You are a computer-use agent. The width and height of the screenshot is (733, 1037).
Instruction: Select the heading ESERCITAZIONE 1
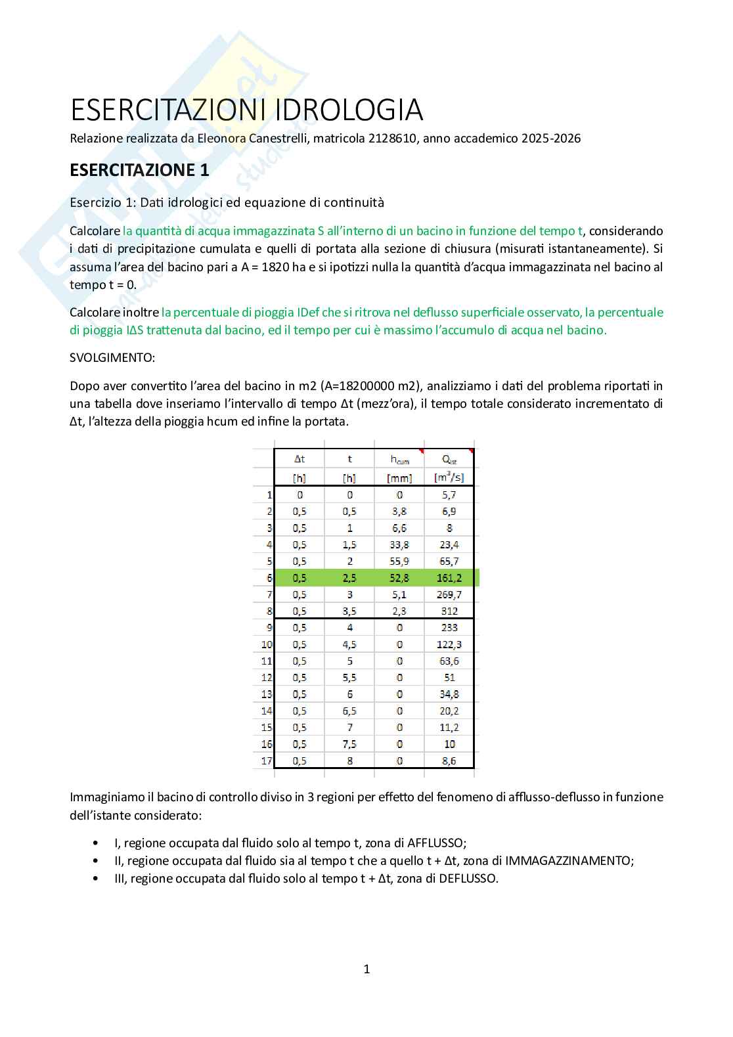tap(139, 169)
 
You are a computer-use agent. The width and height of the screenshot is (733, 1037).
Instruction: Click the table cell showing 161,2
tap(449, 578)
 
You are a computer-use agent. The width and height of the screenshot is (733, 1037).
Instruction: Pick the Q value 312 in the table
tap(449, 611)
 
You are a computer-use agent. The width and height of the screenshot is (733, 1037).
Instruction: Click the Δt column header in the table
tap(300, 459)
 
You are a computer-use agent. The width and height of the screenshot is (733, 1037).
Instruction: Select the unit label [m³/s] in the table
tap(449, 477)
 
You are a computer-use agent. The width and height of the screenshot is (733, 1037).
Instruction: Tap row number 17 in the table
tap(266, 761)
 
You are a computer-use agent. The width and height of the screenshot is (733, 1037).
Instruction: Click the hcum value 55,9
tap(399, 561)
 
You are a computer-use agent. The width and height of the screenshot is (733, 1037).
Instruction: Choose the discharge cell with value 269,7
tap(449, 594)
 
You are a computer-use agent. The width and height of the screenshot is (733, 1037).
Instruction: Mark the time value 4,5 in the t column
tap(349, 644)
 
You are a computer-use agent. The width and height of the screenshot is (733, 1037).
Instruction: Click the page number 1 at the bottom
tap(366, 969)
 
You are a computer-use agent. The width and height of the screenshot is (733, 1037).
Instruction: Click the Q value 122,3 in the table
tap(449, 644)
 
